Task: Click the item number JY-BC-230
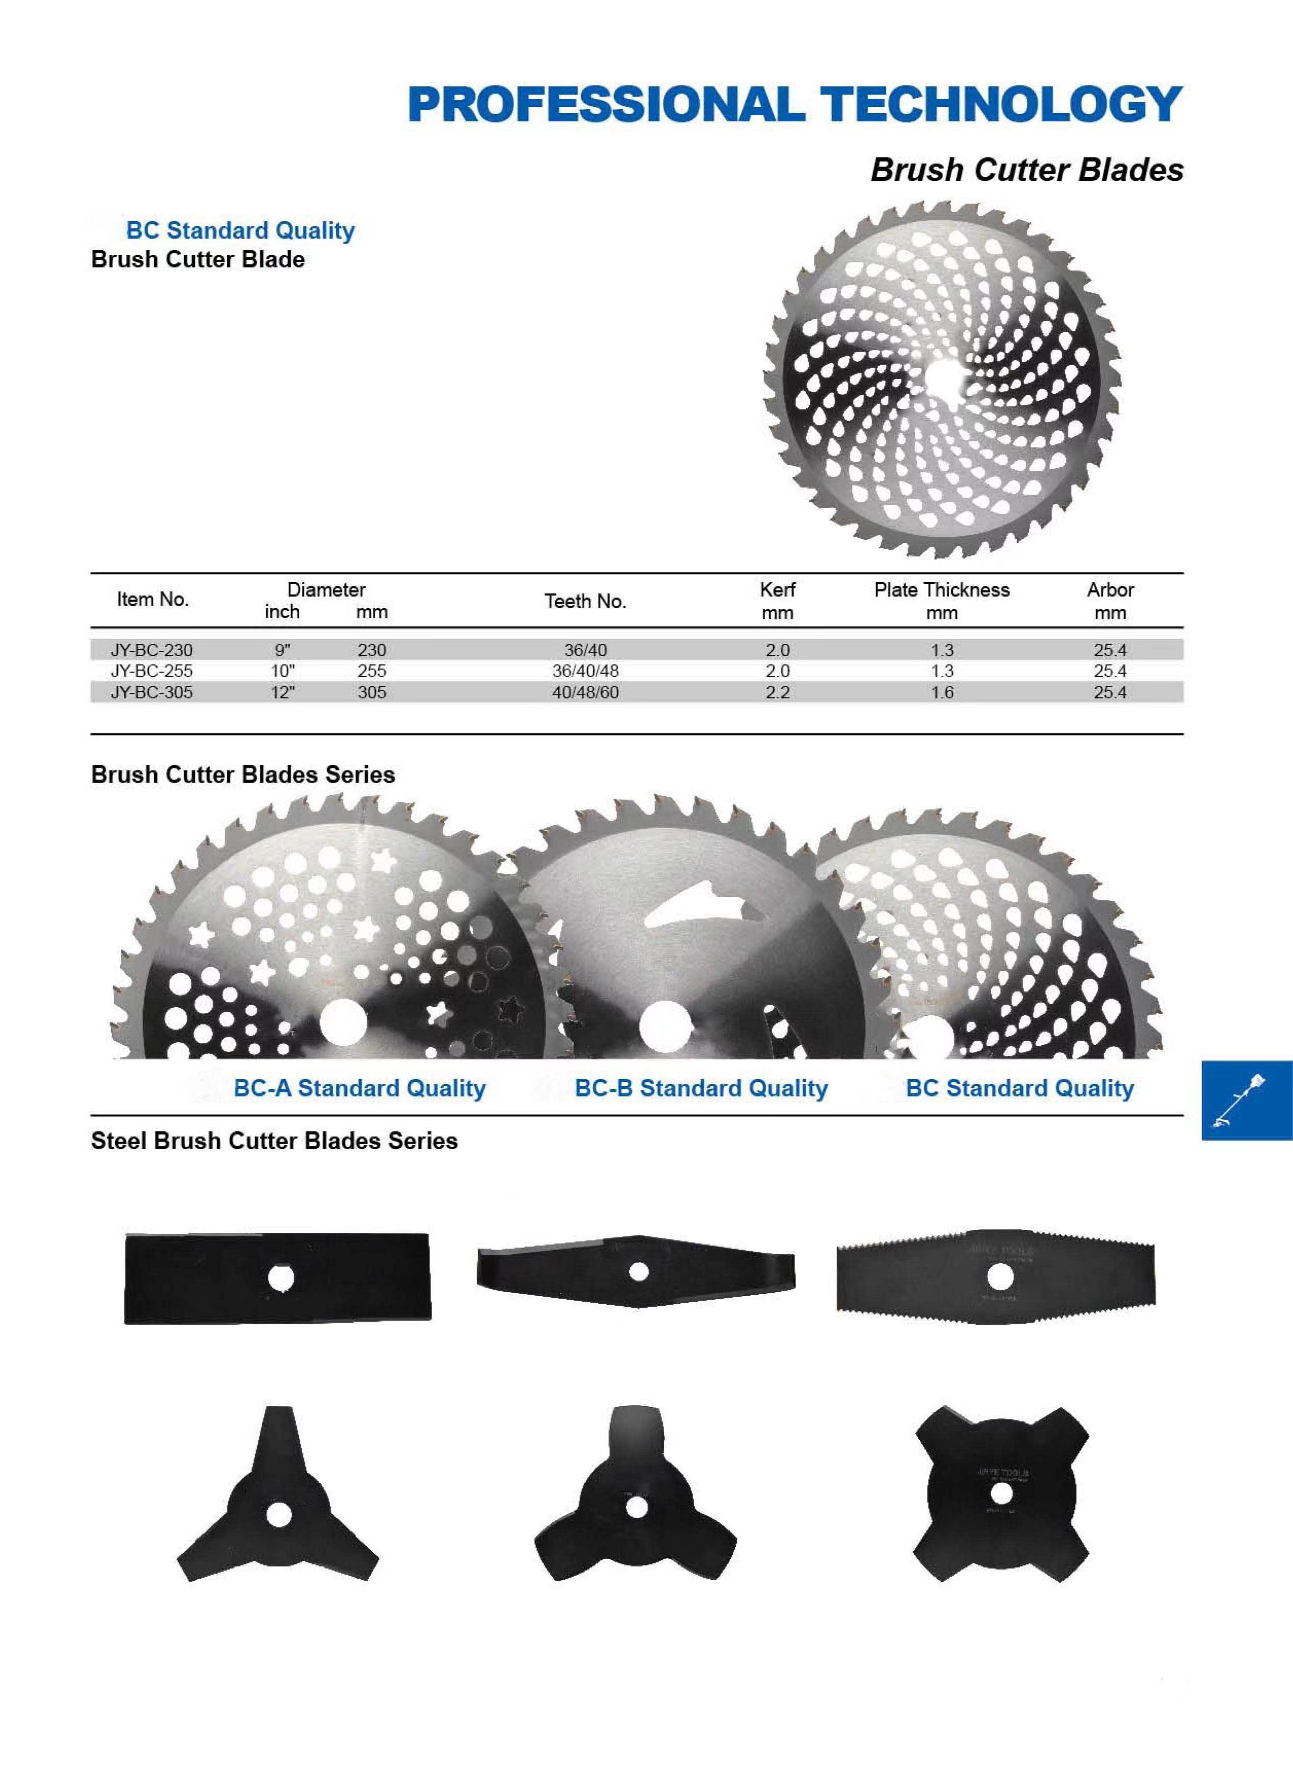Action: coord(151,650)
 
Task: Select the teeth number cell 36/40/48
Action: coord(586,671)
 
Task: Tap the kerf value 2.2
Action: coord(777,692)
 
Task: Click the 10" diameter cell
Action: coord(283,671)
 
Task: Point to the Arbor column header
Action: coord(1110,601)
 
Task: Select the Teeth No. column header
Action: coord(586,601)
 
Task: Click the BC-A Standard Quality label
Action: coord(359,1088)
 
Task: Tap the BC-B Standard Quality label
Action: coord(701,1088)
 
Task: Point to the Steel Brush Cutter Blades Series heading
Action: coord(274,1141)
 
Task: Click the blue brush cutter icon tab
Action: coord(1246,1100)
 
